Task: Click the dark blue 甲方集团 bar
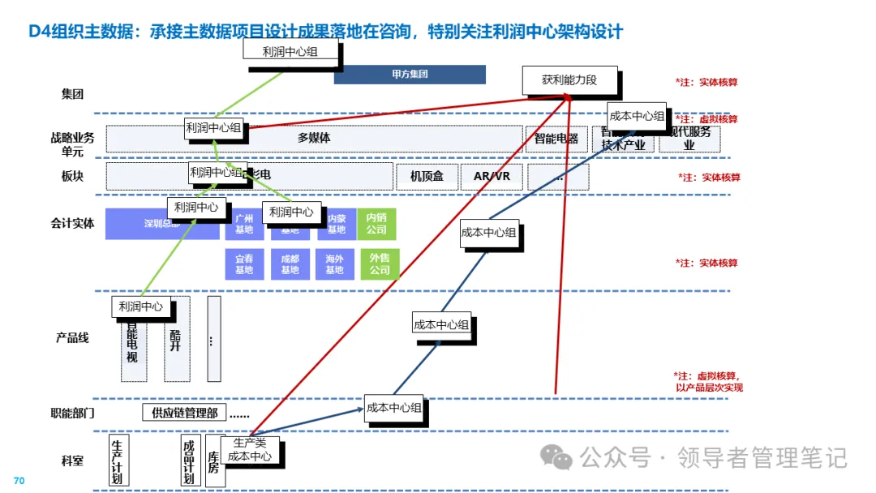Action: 410,75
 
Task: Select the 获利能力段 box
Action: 569,79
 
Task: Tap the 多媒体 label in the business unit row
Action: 314,138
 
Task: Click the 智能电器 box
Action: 556,139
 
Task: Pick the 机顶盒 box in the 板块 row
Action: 426,176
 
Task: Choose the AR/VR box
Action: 492,176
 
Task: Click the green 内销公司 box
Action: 377,223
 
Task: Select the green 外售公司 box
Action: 380,264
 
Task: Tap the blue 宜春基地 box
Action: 244,264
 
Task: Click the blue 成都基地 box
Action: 290,264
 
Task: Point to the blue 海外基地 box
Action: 335,264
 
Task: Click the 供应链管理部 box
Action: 184,413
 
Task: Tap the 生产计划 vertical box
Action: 118,461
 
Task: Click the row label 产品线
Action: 72,337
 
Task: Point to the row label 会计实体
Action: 72,223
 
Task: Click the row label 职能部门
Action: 72,413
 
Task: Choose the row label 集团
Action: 72,94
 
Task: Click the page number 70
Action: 19,481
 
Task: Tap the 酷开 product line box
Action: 176,339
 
